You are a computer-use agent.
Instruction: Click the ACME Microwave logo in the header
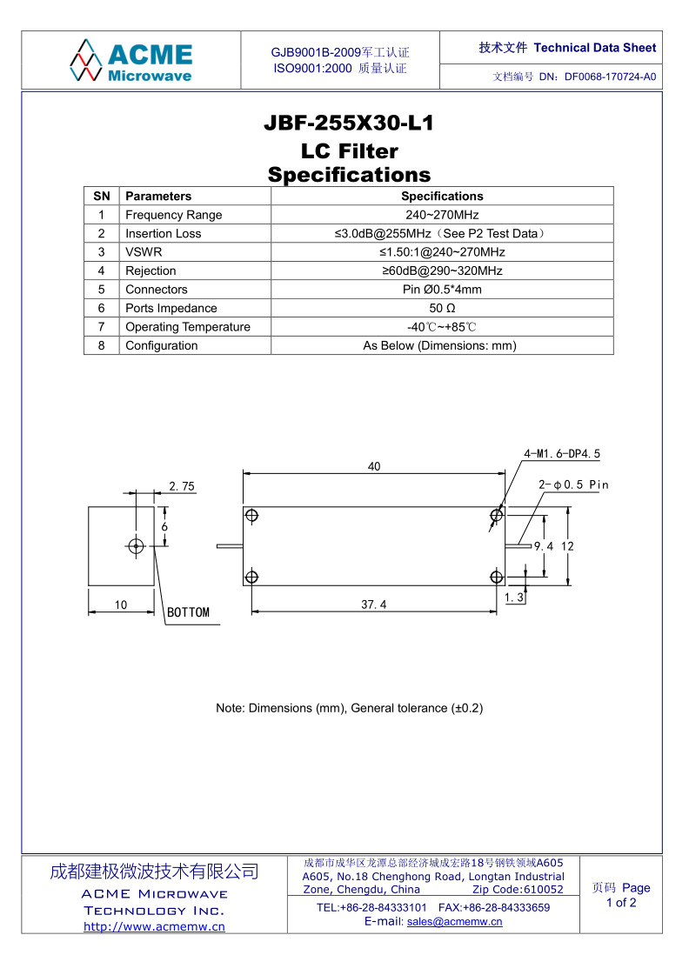coord(131,60)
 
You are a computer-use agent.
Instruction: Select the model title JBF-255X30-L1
coord(348,124)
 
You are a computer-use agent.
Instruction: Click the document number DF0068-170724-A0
coord(610,77)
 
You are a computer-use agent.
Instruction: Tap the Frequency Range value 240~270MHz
coord(442,215)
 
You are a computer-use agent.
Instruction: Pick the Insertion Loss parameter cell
coord(163,234)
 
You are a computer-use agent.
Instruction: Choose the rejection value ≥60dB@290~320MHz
coord(442,271)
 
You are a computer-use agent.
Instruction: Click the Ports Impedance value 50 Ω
coord(442,309)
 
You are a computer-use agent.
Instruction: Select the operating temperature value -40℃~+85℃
coord(442,327)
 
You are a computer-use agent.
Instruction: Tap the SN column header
coord(102,197)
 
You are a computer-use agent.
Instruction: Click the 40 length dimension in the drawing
coord(374,467)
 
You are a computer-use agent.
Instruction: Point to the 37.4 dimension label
coord(374,604)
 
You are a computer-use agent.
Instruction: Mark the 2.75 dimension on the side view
coord(182,487)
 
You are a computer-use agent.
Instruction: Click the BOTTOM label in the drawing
coord(188,612)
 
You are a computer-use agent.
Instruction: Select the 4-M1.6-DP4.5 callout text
coord(562,454)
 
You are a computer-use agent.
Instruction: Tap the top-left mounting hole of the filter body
coord(252,516)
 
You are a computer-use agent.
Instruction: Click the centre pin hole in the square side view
coord(136,546)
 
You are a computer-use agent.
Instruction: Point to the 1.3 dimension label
coord(514,598)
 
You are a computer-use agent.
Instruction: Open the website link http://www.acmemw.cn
coord(154,926)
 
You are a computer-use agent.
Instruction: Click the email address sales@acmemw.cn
coord(454,922)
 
